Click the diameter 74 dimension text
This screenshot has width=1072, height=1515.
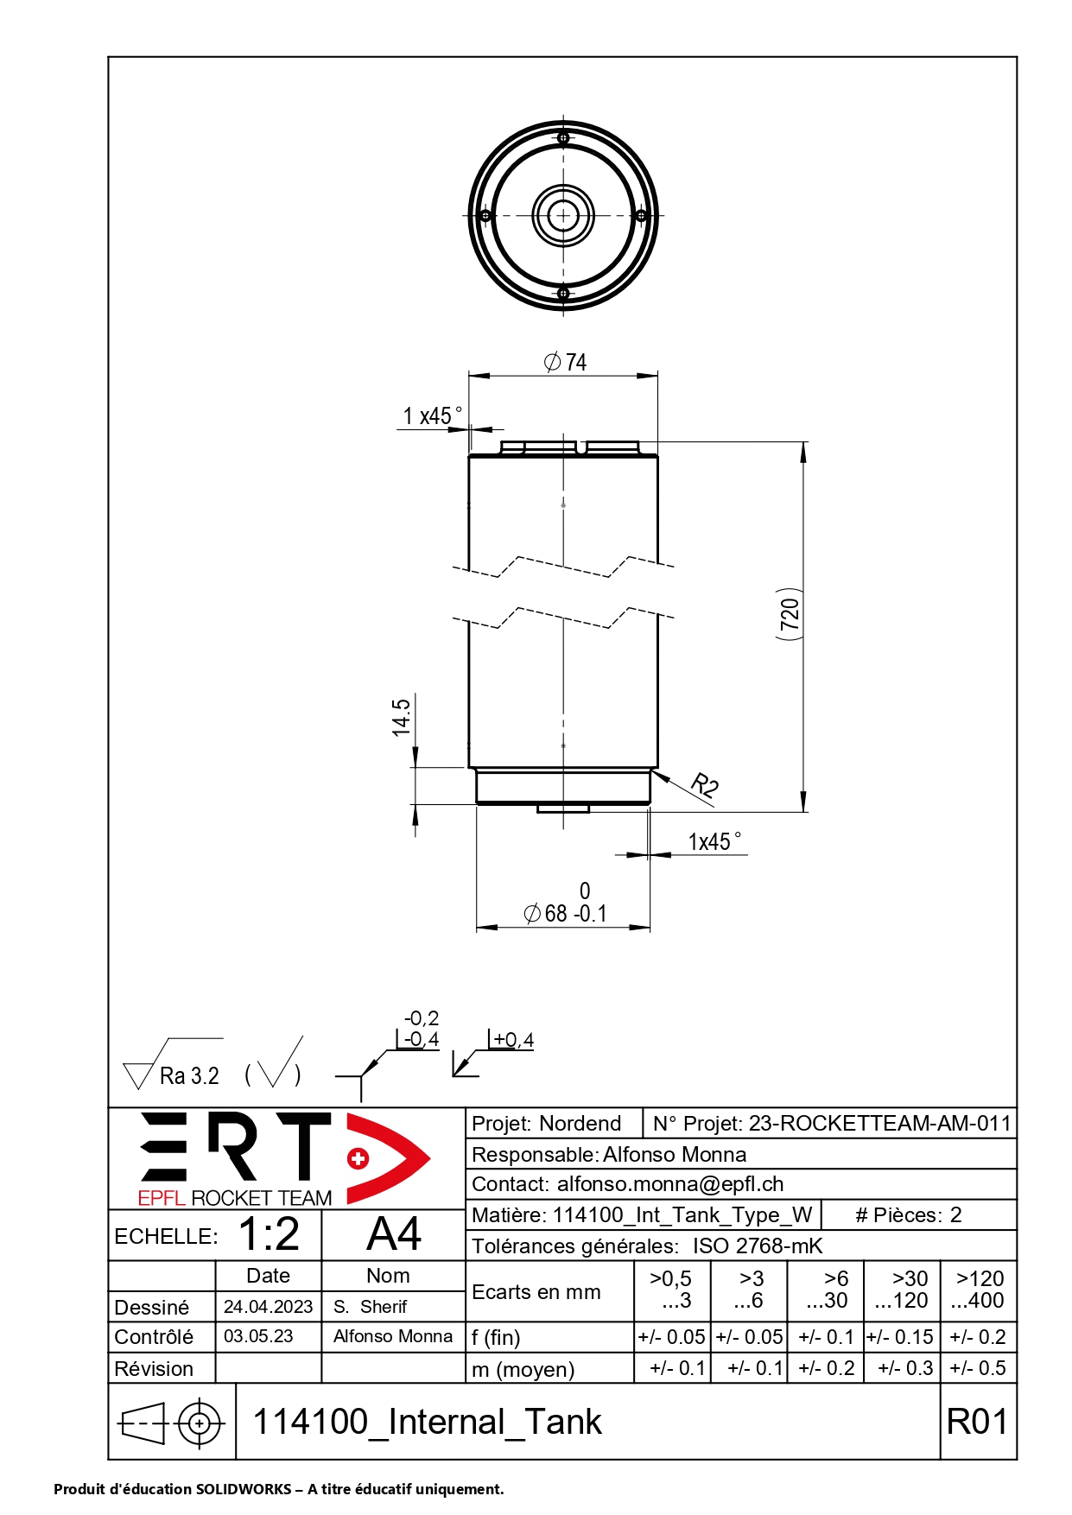tap(566, 362)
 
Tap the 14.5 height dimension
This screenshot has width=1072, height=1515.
tap(401, 718)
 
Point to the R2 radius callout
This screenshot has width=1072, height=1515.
tap(705, 785)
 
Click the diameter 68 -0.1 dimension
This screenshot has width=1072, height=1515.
tap(566, 912)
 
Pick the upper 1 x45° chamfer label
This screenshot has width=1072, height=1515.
tap(432, 415)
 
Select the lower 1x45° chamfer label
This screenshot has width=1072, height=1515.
tap(714, 841)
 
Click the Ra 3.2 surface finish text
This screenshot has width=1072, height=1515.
tap(189, 1075)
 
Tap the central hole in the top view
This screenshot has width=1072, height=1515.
tap(563, 215)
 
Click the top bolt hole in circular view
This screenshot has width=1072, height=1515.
tap(563, 138)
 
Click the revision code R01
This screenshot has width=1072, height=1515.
tap(977, 1421)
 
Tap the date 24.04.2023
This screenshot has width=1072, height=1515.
tap(268, 1306)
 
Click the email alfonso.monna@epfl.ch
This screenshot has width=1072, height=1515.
tap(669, 1183)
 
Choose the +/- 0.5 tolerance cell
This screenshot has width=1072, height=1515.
tap(978, 1367)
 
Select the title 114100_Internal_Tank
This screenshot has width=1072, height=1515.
tap(427, 1421)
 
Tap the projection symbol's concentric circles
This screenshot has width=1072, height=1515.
tap(200, 1422)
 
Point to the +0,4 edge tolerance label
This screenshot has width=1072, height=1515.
tap(513, 1040)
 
